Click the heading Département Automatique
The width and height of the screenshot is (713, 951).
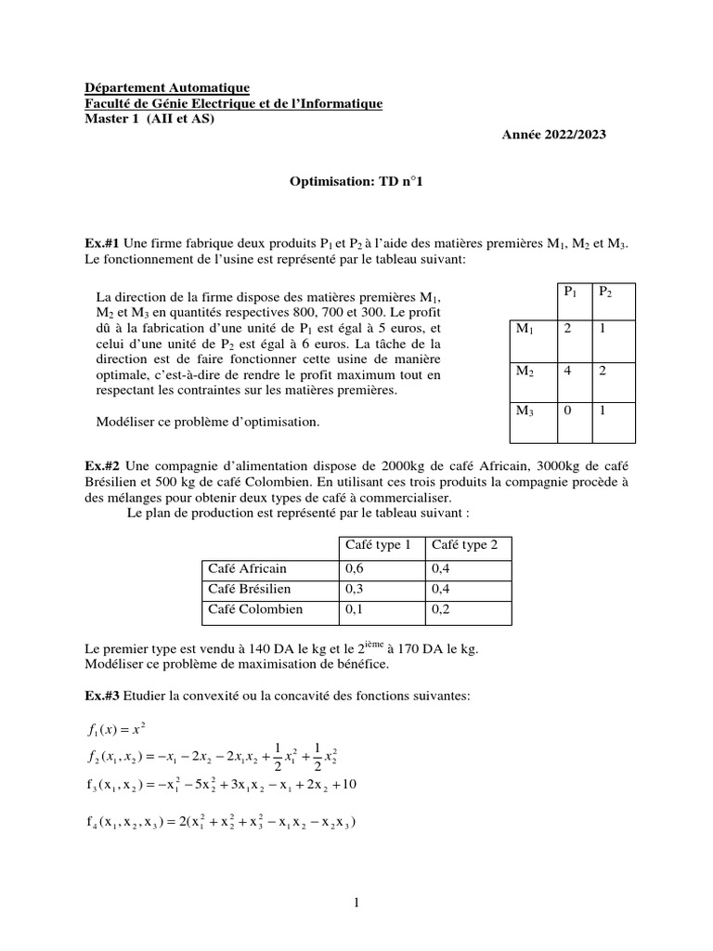click(167, 87)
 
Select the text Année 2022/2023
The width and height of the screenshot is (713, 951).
click(554, 135)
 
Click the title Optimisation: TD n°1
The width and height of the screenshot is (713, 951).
click(356, 183)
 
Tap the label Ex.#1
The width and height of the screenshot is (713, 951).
click(101, 242)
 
